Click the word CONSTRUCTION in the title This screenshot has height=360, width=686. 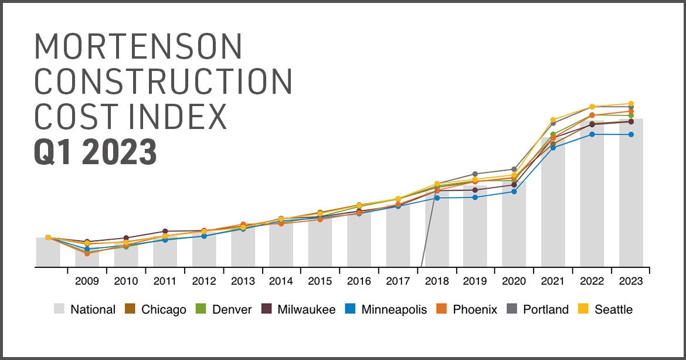[164, 82]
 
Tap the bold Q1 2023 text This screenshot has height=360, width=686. [96, 151]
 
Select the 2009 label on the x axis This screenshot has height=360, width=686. [87, 281]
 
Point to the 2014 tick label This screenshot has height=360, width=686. [281, 281]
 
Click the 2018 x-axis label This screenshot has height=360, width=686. [436, 281]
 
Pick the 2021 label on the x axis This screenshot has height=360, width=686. [553, 281]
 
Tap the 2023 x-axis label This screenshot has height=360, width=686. [630, 281]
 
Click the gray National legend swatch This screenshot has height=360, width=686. [59, 309]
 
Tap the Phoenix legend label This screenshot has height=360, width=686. [475, 310]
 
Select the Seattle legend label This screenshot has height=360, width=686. [613, 310]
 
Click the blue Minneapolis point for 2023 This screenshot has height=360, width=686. [631, 134]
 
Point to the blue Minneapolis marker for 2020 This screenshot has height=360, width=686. [514, 192]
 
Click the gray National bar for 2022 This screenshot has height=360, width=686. [592, 193]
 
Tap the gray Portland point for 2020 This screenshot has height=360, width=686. [514, 169]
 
